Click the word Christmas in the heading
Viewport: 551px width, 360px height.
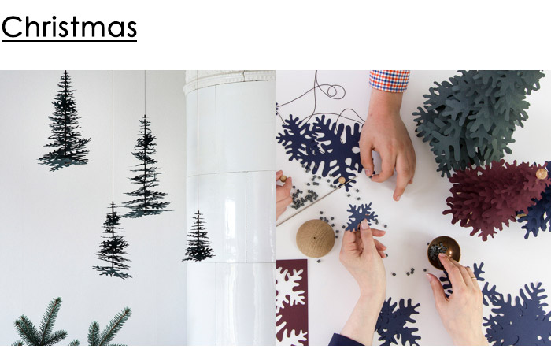(x=69, y=27)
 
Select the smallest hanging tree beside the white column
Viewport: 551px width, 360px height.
(x=198, y=237)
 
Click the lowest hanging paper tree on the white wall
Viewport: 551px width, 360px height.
(x=113, y=240)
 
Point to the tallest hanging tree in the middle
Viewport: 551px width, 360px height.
(x=146, y=167)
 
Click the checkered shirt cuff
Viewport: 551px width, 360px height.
(x=390, y=80)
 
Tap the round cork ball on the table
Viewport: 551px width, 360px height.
(x=315, y=238)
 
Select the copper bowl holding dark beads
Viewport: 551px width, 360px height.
(x=443, y=252)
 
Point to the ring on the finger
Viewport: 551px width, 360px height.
(x=474, y=278)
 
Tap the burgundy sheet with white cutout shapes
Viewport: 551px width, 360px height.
(x=292, y=302)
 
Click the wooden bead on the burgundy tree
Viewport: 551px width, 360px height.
(x=542, y=173)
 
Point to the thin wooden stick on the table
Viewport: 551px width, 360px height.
(x=315, y=203)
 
